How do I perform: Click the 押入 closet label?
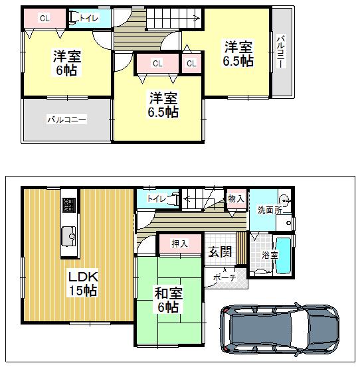179,244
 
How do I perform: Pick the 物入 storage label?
235,198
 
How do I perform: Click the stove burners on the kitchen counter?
69,204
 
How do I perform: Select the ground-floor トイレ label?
157,198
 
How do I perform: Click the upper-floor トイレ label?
89,19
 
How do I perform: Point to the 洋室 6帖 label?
66,63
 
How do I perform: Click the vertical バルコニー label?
281,52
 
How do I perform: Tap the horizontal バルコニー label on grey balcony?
66,120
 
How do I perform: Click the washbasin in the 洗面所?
284,199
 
